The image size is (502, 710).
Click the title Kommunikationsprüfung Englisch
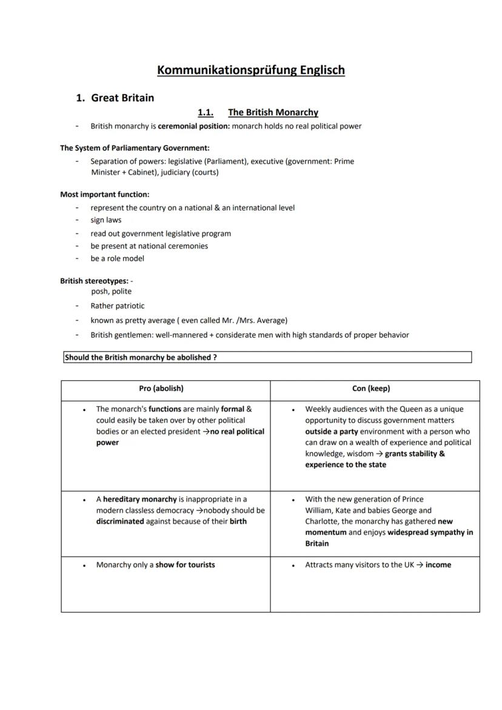tap(250, 70)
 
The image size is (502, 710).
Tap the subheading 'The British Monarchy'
tap(273, 112)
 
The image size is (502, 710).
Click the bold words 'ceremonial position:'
tap(193, 126)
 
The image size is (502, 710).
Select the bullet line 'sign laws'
tap(106, 220)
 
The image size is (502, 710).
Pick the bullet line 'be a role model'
tap(118, 258)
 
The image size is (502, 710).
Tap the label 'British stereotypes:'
tap(94, 281)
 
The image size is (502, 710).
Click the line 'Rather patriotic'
tap(118, 306)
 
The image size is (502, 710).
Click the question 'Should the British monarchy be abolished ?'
tap(141, 358)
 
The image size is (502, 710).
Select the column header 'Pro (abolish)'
tap(161, 388)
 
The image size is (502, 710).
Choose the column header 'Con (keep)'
tap(371, 388)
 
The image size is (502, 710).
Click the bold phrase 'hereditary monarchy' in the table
tap(139, 500)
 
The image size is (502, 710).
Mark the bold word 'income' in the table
tap(438, 564)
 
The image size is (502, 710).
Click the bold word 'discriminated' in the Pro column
tap(120, 521)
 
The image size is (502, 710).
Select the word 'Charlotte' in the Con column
tap(322, 521)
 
